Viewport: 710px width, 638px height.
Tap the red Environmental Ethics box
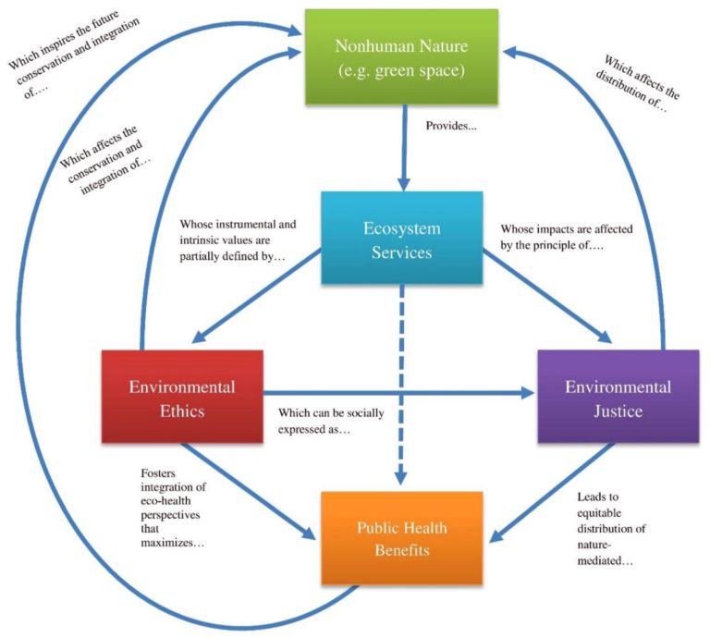point(181,397)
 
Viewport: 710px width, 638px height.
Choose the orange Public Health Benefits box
point(401,537)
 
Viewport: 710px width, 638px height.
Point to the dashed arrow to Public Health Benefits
point(401,388)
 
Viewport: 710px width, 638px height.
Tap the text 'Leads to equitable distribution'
point(607,522)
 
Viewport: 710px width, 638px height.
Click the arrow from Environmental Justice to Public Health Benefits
point(555,490)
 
